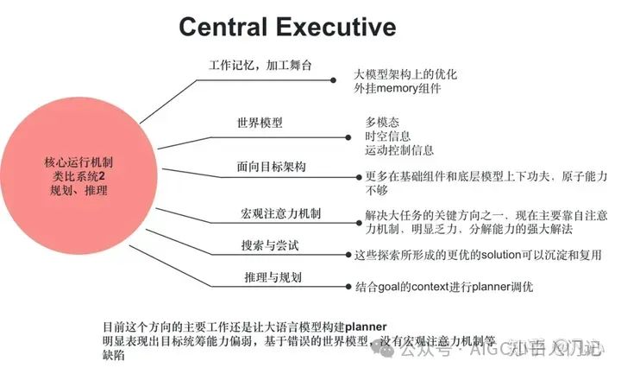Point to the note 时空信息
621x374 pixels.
click(388, 136)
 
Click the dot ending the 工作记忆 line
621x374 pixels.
click(334, 80)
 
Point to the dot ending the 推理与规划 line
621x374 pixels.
click(346, 286)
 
